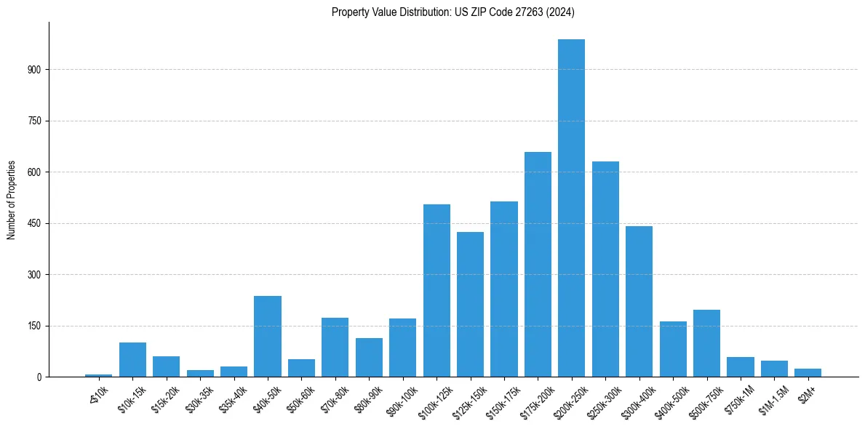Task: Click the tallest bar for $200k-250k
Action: [x=571, y=208]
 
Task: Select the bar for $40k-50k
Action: [x=268, y=337]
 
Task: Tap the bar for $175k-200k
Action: [x=538, y=265]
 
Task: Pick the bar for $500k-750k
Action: [x=706, y=343]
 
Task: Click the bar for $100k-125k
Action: [x=437, y=291]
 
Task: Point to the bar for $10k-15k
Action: [x=132, y=360]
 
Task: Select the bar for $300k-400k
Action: [x=639, y=302]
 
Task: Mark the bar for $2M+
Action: [x=808, y=373]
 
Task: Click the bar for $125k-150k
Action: [x=470, y=305]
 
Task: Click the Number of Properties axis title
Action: [x=11, y=200]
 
